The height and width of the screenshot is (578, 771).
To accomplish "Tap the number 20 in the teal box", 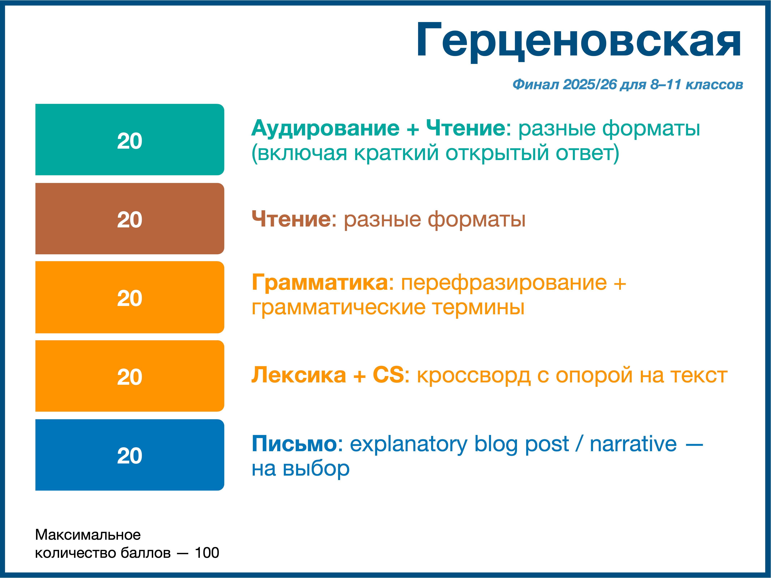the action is (x=130, y=141).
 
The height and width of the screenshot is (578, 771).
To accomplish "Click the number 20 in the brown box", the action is (x=130, y=220).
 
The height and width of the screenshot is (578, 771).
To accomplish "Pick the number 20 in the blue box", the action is (x=130, y=456).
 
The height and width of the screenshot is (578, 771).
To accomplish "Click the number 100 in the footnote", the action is (x=207, y=553).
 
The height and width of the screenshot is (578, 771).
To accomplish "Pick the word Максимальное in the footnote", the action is (x=88, y=535).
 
